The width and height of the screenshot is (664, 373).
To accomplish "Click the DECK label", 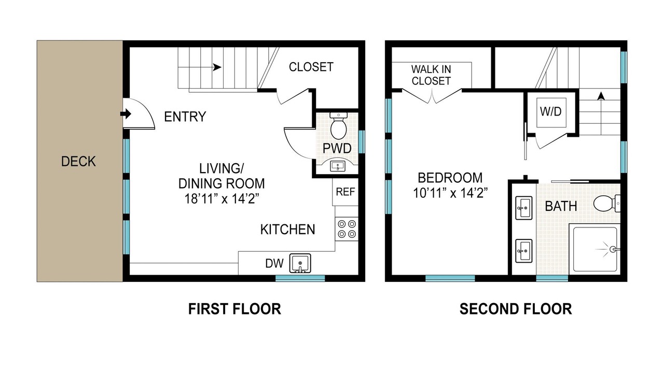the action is [x=78, y=161].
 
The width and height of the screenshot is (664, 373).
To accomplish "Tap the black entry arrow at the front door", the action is [x=126, y=113].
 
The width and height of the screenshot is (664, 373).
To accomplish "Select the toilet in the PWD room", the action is [x=339, y=126].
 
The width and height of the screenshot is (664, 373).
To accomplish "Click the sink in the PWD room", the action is [x=337, y=166].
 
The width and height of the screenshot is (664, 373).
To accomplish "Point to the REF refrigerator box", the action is [x=345, y=192].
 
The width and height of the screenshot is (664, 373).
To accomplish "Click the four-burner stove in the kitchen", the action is [x=347, y=229].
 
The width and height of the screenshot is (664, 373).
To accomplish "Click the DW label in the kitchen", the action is [x=274, y=263].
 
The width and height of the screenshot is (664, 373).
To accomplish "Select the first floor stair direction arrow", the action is [x=217, y=67].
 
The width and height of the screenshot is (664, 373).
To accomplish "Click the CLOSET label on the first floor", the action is [x=311, y=67].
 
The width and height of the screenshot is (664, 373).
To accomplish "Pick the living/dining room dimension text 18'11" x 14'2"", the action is [x=222, y=198].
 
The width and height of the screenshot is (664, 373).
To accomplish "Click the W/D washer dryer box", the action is [x=551, y=111].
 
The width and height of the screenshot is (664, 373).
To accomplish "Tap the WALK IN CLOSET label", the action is [x=431, y=75].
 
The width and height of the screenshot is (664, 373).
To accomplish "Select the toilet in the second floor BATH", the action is [x=607, y=203].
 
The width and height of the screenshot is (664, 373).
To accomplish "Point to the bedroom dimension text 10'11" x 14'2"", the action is [x=450, y=193].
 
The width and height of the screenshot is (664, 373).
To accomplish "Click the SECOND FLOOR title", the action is [x=516, y=309].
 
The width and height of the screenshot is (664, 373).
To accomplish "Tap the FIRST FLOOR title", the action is [x=234, y=309].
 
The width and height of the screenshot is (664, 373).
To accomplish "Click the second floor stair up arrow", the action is [x=601, y=96].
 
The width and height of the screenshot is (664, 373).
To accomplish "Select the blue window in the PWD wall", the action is [x=362, y=142].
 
